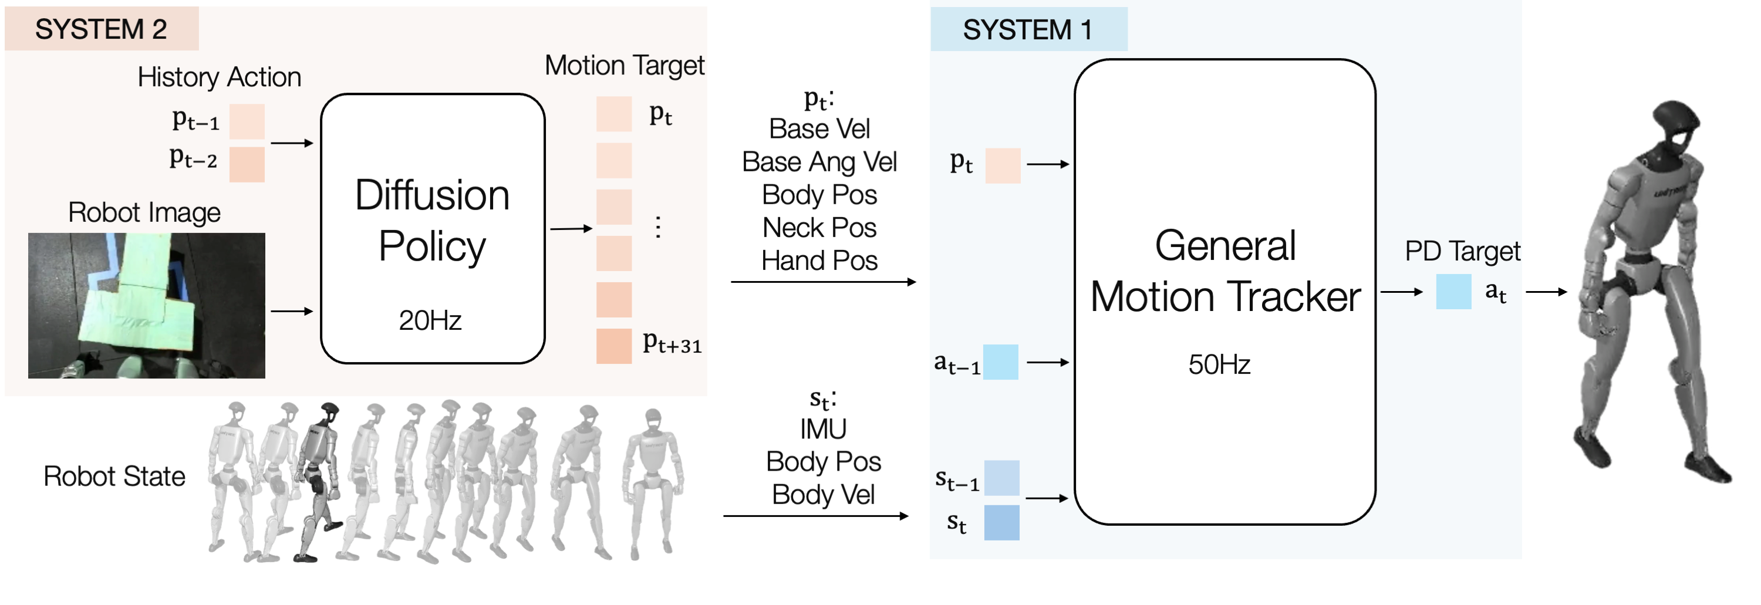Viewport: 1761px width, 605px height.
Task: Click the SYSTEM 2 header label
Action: [100, 29]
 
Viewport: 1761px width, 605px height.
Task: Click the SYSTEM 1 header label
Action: [1027, 30]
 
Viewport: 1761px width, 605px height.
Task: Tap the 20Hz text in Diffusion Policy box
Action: [430, 320]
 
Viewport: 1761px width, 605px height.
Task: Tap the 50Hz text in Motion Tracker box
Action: [1219, 364]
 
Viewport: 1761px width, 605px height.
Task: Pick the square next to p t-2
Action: [247, 164]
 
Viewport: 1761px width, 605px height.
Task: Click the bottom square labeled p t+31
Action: [613, 346]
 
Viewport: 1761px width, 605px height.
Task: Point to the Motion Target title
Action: [623, 66]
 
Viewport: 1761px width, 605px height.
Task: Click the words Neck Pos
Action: [819, 228]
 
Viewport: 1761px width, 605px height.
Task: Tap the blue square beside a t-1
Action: [1000, 362]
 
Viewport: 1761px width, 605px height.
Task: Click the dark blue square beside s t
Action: [1001, 523]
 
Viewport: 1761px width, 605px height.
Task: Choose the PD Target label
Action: [1462, 252]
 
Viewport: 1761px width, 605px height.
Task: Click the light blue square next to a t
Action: [1453, 292]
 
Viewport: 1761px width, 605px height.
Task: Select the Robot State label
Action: [114, 476]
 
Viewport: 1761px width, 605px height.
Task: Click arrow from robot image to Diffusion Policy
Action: [292, 311]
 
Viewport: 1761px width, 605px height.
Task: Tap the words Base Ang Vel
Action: [819, 162]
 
